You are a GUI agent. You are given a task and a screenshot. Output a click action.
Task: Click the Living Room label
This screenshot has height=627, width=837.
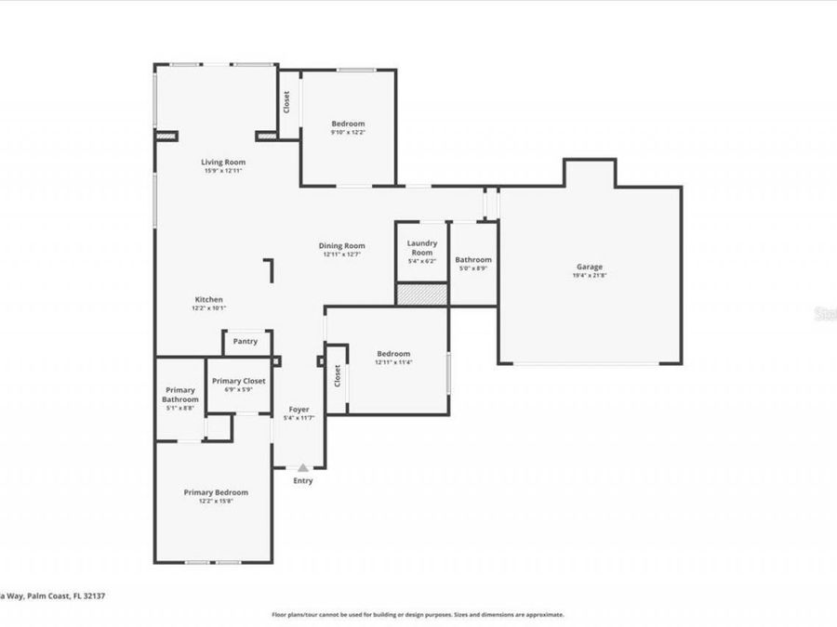pos(224,162)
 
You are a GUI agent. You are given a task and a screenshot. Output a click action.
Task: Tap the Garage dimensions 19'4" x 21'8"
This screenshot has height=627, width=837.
pos(590,276)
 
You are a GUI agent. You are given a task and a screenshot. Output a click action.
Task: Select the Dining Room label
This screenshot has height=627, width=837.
pos(341,246)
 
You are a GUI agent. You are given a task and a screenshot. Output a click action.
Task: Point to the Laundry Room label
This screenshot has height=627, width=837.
pos(421,248)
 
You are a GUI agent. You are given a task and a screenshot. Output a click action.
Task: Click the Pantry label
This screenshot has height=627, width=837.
pos(246,342)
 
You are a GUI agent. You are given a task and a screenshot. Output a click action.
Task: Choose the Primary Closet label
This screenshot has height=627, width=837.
pos(238,381)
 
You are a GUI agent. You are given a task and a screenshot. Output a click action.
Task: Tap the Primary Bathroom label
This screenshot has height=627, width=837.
pos(181,395)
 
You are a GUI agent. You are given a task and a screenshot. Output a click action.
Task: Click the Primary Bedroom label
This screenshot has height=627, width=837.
pos(216,492)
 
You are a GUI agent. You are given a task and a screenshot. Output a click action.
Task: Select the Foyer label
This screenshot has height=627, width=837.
pos(299,410)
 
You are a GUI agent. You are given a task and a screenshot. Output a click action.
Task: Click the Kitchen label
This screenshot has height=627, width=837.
pos(208,299)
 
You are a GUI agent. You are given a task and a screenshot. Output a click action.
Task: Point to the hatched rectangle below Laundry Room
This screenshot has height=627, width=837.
pos(421,294)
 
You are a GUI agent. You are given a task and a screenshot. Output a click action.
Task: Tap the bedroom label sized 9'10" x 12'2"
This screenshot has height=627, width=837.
pos(349,124)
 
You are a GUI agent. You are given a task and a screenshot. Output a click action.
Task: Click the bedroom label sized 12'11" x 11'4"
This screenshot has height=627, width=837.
pos(393,354)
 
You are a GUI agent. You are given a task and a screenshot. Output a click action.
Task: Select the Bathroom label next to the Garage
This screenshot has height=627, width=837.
pos(473,260)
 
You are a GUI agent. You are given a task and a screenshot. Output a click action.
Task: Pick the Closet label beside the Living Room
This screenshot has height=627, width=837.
pos(286,101)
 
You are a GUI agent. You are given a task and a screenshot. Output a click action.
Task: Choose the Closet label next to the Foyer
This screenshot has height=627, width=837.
pos(337,375)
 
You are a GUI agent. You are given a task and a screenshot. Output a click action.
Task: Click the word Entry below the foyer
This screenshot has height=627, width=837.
pos(303,481)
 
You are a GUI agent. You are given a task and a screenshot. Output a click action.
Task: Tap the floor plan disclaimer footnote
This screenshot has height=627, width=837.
pos(418,614)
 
